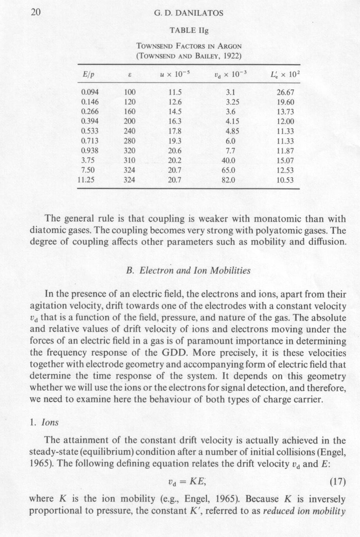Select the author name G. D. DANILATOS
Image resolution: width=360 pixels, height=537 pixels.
pos(189,13)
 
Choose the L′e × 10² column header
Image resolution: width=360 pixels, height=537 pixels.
pos(284,74)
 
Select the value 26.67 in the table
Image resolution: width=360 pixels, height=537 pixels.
pos(284,93)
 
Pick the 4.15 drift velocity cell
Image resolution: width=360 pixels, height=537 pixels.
pos(232,122)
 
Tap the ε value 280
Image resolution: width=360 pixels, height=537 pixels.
pos(130,141)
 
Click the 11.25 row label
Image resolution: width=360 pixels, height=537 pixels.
pos(88,180)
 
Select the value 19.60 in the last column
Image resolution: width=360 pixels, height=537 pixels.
pos(284,103)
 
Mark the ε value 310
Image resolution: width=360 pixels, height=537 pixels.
pos(130,161)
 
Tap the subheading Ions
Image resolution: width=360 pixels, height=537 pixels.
pos(50,422)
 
